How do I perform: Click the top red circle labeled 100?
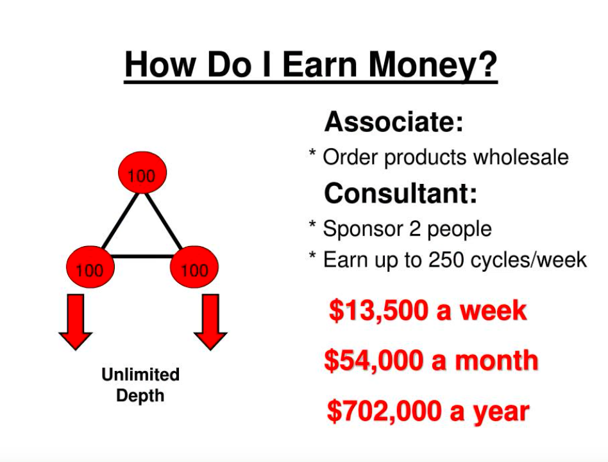(142, 172)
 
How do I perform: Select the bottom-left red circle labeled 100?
(90, 267)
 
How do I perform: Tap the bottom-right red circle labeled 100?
(194, 267)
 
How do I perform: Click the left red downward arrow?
(76, 322)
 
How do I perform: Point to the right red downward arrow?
(210, 322)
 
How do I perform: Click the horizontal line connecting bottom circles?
(142, 256)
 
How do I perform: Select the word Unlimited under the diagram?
(140, 374)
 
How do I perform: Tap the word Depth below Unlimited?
(140, 396)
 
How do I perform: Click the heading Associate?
(394, 122)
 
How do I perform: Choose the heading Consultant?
(401, 193)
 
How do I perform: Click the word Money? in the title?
(433, 65)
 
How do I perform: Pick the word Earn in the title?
(319, 64)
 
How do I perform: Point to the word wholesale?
(521, 157)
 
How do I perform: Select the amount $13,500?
(378, 311)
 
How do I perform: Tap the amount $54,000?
(373, 361)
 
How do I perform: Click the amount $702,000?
(384, 411)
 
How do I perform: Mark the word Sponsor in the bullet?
(363, 229)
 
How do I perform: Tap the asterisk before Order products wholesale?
(312, 153)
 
